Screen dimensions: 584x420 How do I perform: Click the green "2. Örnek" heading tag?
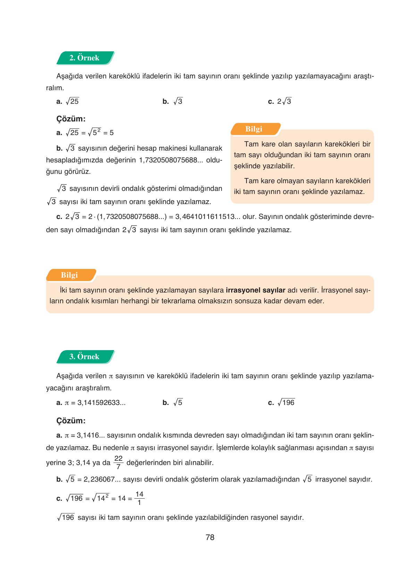pos(84,58)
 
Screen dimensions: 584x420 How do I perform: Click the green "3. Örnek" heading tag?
pos(84,357)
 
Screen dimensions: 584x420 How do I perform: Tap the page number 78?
pos(210,538)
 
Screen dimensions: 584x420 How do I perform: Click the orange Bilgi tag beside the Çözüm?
pos(254,129)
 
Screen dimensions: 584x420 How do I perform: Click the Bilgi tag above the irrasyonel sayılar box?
pos(69,275)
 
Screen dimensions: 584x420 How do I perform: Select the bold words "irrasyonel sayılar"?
pos(255,290)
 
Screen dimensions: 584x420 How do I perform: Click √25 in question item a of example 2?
pos(73,101)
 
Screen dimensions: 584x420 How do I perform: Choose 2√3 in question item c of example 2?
pos(284,101)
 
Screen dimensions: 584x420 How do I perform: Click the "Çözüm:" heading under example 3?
pos(71,421)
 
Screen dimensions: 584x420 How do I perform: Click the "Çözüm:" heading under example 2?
pos(71,119)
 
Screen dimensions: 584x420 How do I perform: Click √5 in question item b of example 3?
pos(178,403)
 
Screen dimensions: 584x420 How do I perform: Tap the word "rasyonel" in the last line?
pos(266,518)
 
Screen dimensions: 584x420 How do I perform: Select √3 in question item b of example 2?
pos(178,101)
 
